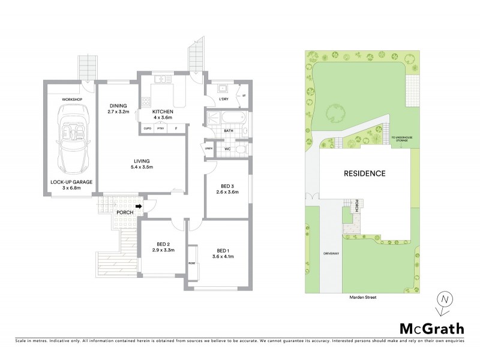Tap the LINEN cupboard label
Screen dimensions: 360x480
(208, 148)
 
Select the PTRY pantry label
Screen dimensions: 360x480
(160, 128)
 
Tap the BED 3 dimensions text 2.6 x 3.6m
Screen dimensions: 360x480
(228, 192)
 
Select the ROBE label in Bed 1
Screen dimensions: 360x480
(191, 263)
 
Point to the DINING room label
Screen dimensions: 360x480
(118, 106)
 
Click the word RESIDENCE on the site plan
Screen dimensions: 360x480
(364, 173)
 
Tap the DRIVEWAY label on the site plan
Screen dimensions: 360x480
(331, 254)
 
